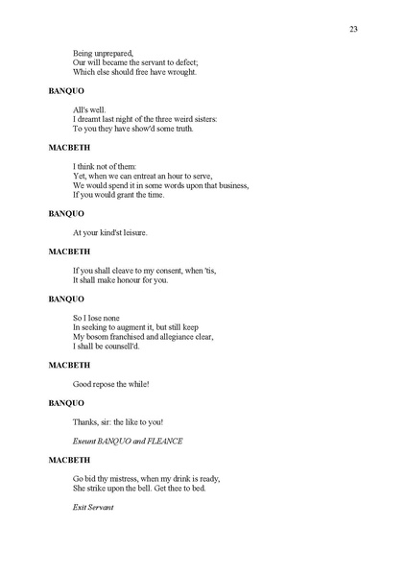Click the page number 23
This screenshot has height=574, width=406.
click(x=353, y=30)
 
